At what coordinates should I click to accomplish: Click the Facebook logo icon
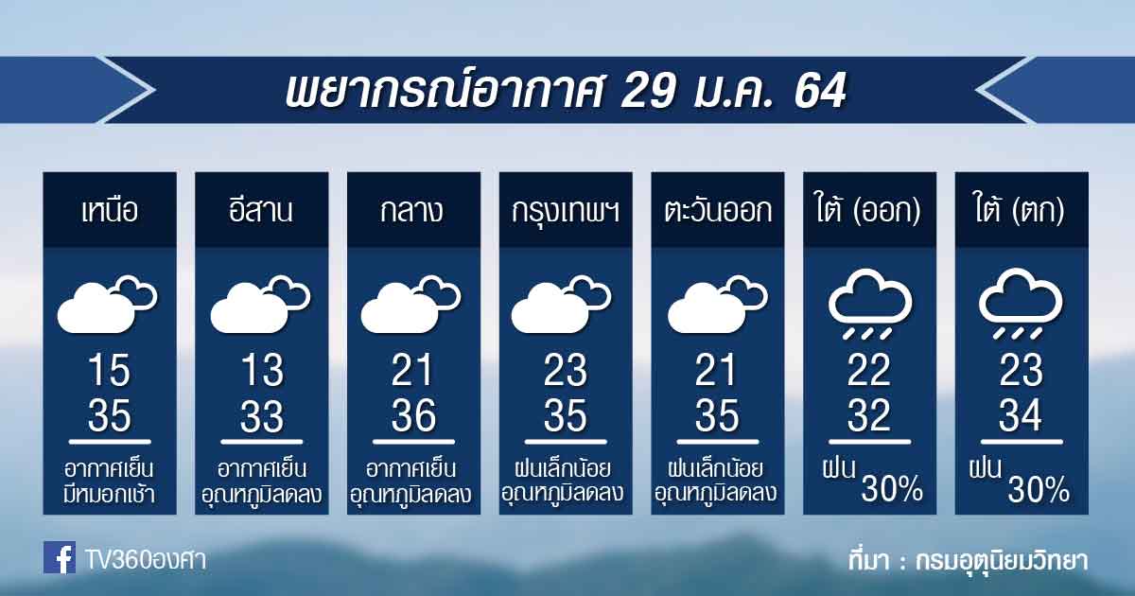click(60, 557)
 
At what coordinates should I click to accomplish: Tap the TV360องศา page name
click(145, 560)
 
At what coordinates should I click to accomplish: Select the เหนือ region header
click(110, 210)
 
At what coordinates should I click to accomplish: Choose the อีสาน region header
click(260, 209)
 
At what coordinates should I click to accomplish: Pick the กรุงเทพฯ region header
click(566, 211)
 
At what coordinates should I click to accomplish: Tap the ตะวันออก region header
click(718, 210)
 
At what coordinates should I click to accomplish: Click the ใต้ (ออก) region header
click(868, 209)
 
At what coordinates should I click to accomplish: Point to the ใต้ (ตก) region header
click(1020, 209)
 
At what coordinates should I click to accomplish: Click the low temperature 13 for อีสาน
click(262, 370)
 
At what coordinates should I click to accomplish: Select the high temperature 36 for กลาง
click(413, 415)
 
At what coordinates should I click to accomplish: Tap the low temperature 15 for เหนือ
click(110, 370)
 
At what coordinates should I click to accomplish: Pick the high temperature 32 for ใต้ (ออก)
click(868, 415)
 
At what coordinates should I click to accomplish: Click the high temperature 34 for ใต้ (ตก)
click(1020, 415)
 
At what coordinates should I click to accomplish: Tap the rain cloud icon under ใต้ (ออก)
click(869, 303)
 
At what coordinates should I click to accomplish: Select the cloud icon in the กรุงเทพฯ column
click(562, 304)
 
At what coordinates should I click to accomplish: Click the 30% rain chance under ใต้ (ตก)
click(1039, 490)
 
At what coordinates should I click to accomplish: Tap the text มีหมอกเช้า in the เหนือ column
click(110, 495)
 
